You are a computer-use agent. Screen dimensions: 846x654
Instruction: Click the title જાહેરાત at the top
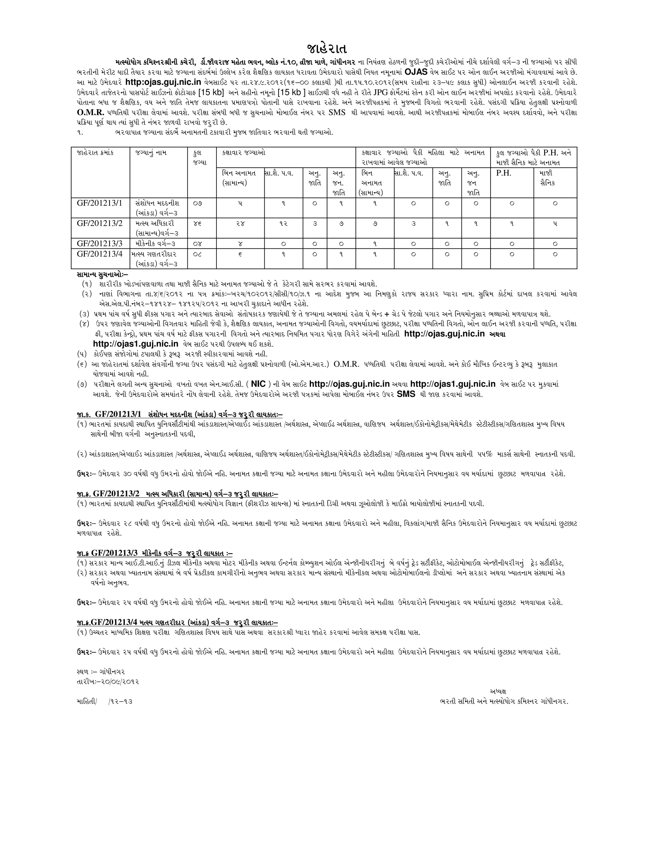point(327,49)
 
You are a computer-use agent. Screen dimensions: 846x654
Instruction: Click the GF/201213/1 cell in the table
point(100,203)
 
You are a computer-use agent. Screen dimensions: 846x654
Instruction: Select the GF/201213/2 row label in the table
point(100,223)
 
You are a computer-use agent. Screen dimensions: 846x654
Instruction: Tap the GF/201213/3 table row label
point(100,243)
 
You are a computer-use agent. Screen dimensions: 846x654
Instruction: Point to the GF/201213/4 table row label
point(100,254)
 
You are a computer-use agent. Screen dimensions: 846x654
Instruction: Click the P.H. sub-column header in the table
point(504,173)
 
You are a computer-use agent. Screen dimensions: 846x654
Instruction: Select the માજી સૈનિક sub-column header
point(547,178)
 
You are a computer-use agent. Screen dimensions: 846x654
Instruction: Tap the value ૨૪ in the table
point(240,223)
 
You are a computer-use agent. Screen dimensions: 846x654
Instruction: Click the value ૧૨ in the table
point(284,223)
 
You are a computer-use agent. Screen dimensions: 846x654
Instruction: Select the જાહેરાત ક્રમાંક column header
point(95,153)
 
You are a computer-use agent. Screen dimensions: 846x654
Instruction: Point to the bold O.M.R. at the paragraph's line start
point(91,113)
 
